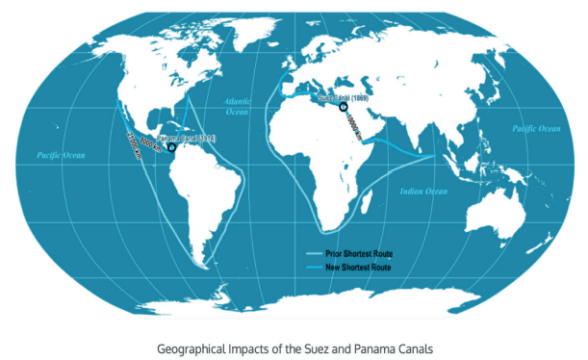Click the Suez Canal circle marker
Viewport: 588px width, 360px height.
pyautogui.click(x=344, y=107)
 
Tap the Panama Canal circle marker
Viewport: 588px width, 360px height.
pyautogui.click(x=170, y=148)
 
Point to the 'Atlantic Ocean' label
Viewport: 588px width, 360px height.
pyautogui.click(x=238, y=106)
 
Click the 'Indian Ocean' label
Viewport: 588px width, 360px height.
pyautogui.click(x=423, y=192)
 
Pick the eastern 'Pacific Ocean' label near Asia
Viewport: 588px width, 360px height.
pyautogui.click(x=535, y=128)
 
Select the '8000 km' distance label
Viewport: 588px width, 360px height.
pyautogui.click(x=149, y=143)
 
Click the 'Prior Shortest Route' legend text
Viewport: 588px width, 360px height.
pyautogui.click(x=359, y=253)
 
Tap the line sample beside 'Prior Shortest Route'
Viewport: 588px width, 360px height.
pyautogui.click(x=316, y=253)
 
